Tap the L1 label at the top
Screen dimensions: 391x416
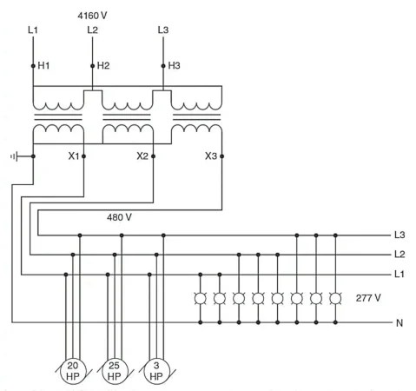click(33, 30)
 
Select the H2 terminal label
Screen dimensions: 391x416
click(104, 65)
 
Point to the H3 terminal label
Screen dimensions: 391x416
click(175, 65)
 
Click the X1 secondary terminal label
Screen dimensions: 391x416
click(74, 156)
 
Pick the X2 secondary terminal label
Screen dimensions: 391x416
click(142, 156)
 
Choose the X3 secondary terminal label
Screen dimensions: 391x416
click(210, 156)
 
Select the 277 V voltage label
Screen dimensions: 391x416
click(368, 297)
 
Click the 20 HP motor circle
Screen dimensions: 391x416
click(73, 371)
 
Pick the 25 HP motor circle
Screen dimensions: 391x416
click(115, 371)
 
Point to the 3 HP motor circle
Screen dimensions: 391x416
click(156, 371)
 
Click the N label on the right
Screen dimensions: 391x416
click(399, 323)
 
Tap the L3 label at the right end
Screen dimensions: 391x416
click(399, 235)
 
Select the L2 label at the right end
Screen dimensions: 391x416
click(399, 255)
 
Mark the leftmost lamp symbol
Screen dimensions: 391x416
click(201, 298)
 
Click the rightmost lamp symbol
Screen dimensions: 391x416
click(335, 298)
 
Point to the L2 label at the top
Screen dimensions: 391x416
click(93, 30)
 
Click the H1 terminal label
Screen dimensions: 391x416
click(44, 65)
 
